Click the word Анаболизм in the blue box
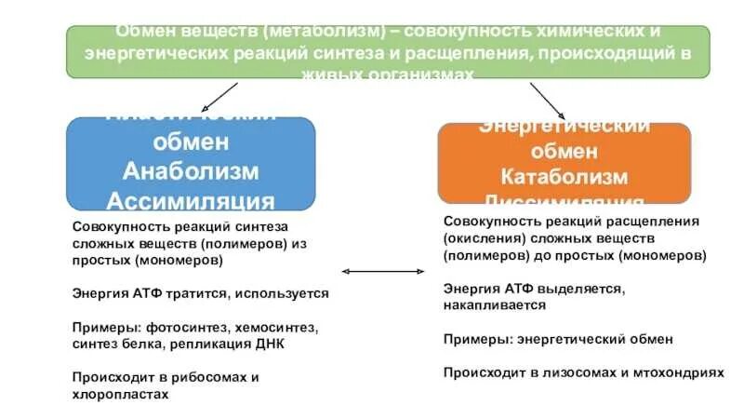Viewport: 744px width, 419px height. [191, 172]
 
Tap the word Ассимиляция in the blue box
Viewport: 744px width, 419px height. [191, 201]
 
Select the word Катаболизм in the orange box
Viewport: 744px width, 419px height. [565, 177]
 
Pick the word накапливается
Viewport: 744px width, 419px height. [494, 304]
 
